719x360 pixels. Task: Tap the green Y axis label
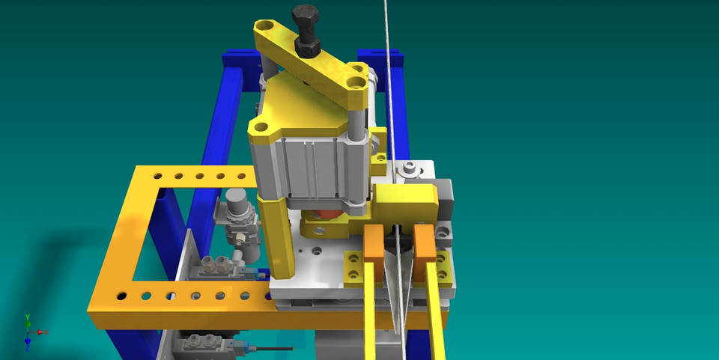[x=28, y=317]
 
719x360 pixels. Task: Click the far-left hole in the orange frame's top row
[x=157, y=178]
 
